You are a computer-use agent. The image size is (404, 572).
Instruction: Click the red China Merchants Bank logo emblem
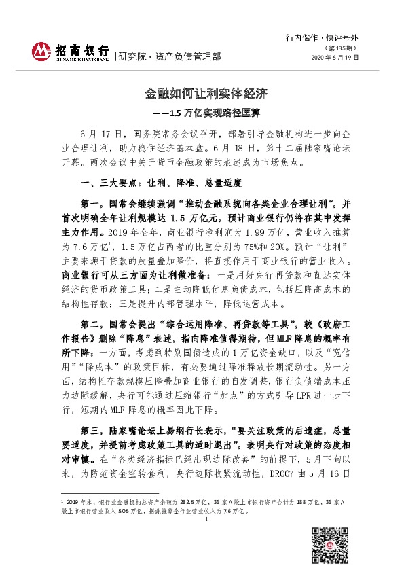coord(43,51)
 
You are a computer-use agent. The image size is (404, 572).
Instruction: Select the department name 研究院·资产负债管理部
coord(170,56)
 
